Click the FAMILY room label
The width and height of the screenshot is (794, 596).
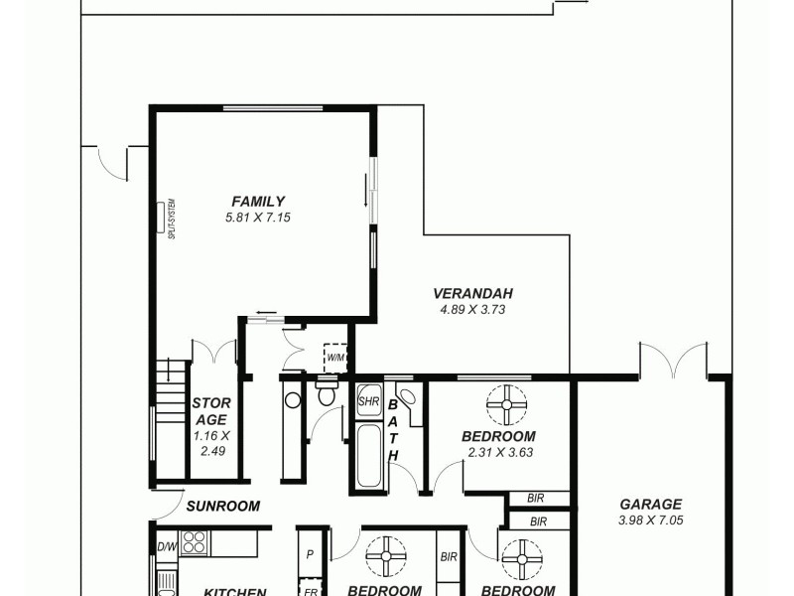click(258, 201)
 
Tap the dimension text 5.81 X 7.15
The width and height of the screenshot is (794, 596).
click(258, 217)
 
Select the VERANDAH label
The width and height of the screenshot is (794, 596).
click(472, 293)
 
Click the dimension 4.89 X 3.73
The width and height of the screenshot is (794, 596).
click(472, 309)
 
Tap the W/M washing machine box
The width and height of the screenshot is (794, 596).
click(335, 357)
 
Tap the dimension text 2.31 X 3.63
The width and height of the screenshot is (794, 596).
click(500, 453)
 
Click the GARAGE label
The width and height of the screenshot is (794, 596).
click(650, 504)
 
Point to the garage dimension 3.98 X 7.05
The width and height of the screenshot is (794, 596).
click(650, 520)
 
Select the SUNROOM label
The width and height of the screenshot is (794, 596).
click(222, 506)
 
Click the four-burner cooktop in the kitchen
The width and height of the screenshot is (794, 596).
click(193, 542)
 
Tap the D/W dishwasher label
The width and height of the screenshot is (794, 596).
click(166, 546)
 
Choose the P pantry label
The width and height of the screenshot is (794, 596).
click(310, 555)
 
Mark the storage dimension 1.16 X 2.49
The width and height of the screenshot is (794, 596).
click(210, 443)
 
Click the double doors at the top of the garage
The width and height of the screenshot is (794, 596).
click(673, 360)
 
